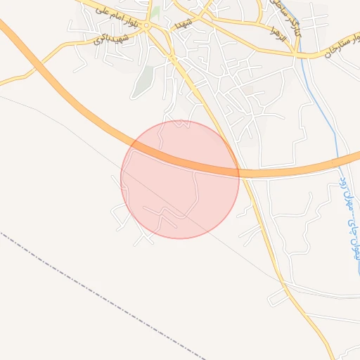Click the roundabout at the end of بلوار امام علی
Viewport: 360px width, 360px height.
[147, 26]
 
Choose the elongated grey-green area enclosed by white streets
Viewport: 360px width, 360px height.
[145, 81]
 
